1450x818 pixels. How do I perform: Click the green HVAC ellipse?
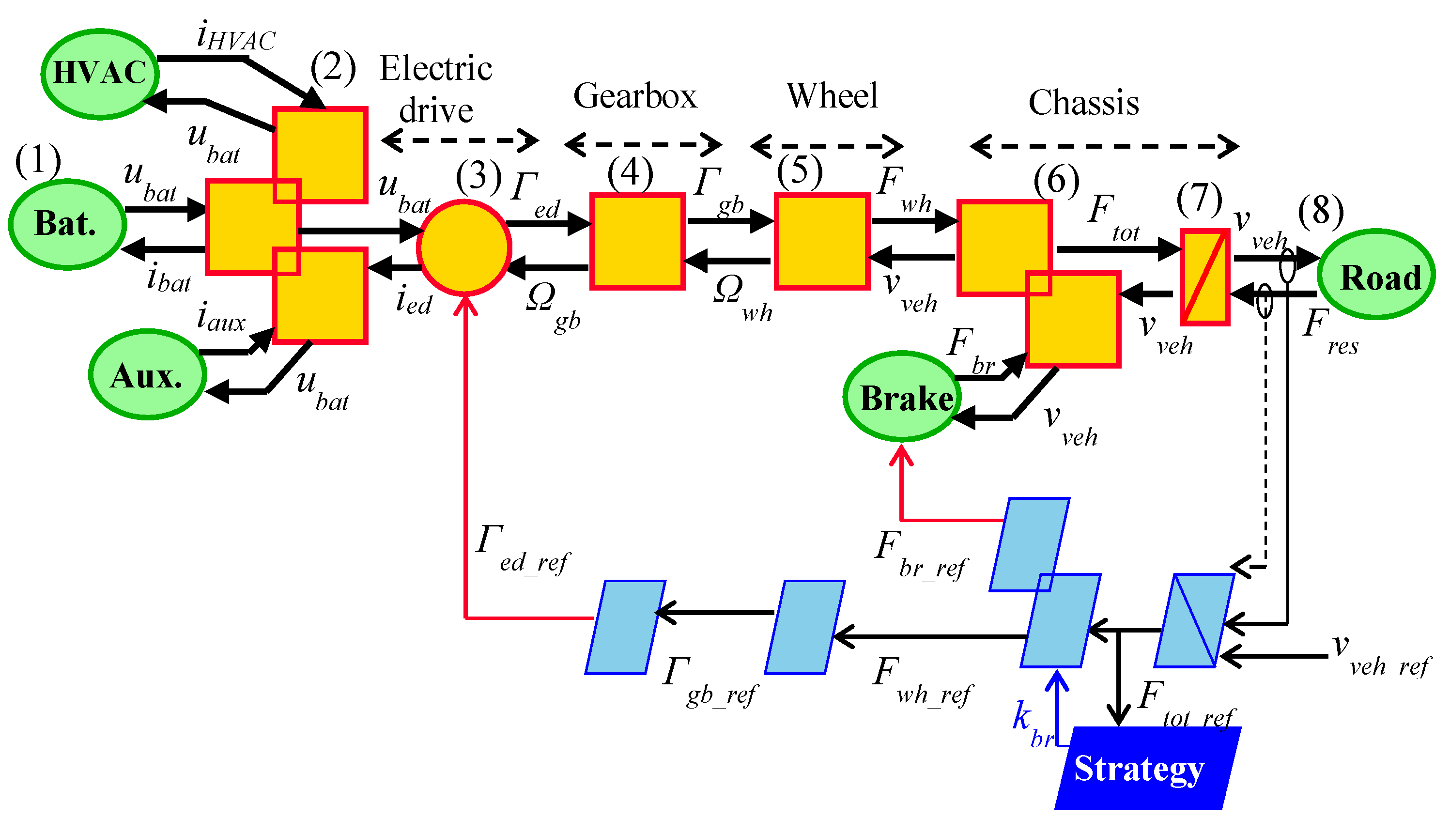point(100,74)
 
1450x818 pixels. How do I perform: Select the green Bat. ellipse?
point(67,224)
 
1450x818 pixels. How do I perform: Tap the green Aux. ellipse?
point(147,375)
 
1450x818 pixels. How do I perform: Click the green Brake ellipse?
point(902,397)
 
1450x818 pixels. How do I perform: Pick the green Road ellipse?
point(1376,275)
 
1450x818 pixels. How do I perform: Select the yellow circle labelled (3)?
point(464,247)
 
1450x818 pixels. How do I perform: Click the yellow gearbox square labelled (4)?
point(637,241)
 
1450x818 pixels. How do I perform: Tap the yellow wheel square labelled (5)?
point(822,241)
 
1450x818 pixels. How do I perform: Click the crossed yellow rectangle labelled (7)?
point(1204,277)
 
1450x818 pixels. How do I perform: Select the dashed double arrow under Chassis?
point(1104,146)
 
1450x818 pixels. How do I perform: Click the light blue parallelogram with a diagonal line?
point(1194,620)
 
